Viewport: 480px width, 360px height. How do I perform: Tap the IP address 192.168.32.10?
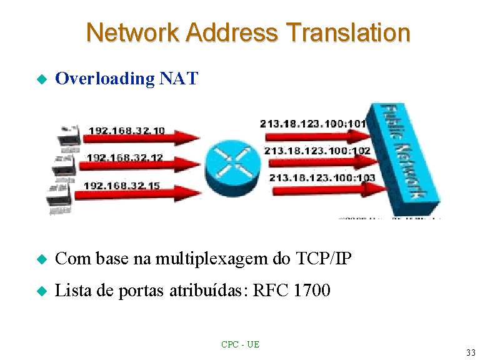[127, 131]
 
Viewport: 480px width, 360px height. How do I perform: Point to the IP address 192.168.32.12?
[124, 157]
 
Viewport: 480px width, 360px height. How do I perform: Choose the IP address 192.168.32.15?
[122, 186]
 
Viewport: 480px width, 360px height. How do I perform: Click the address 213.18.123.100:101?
[313, 124]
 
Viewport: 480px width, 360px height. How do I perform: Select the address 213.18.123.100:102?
[317, 151]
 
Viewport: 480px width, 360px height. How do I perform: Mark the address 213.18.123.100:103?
[322, 178]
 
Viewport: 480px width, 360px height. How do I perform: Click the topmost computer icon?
[68, 136]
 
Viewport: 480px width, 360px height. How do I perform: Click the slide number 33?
[471, 352]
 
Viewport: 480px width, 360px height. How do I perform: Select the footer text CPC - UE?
[240, 344]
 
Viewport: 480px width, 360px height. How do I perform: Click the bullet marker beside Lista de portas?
[42, 291]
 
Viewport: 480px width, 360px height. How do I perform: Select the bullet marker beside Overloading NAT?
[42, 79]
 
